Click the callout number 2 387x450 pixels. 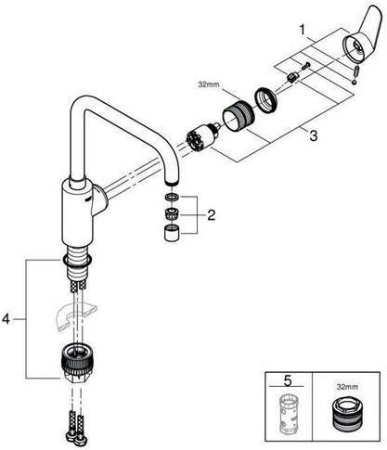pos(211,215)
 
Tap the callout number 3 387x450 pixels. pos(314,136)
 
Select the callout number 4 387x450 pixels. pos(8,318)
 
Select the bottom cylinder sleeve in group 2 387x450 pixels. pos(171,233)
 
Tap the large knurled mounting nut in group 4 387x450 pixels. pos(75,363)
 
